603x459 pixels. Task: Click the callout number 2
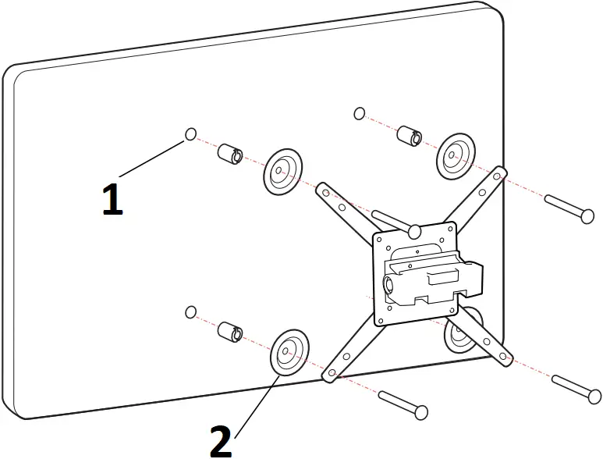tap(221, 441)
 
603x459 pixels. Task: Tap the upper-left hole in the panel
tap(191, 135)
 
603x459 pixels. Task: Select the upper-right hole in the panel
tap(359, 114)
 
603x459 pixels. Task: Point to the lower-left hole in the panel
tap(190, 312)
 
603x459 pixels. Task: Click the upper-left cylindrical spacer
tap(230, 154)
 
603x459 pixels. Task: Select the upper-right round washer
tap(456, 155)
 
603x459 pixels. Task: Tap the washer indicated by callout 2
tap(289, 353)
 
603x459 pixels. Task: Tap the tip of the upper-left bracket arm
tap(321, 190)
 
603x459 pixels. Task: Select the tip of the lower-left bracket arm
tap(330, 374)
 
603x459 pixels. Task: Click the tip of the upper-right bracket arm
tap(500, 174)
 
